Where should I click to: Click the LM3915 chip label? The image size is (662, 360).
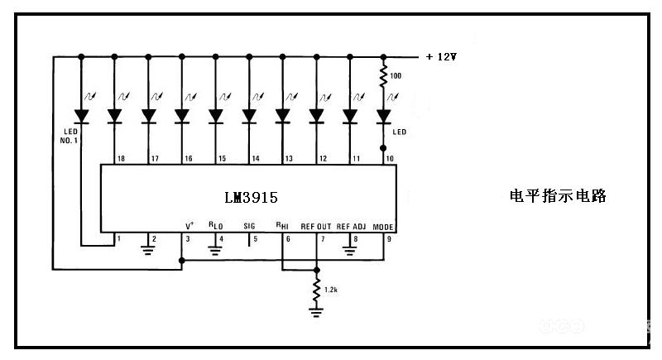[251, 199]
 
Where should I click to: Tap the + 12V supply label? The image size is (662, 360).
[441, 57]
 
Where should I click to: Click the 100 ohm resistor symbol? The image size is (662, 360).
[383, 78]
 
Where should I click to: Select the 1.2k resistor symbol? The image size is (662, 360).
[316, 289]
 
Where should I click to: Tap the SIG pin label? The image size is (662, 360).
[250, 225]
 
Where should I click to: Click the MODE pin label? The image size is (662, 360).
[383, 226]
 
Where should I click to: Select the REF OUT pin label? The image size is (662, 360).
[315, 226]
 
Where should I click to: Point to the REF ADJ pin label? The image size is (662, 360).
[351, 226]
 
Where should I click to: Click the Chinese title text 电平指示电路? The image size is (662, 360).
[559, 196]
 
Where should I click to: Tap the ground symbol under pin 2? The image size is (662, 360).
[149, 246]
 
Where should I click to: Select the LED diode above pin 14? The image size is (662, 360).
[249, 116]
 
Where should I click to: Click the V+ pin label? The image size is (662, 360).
[189, 225]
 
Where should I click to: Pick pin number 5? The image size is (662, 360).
[255, 239]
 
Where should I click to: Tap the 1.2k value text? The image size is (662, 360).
[331, 290]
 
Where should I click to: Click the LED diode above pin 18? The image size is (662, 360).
[114, 116]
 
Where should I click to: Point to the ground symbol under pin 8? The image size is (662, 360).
[349, 247]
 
